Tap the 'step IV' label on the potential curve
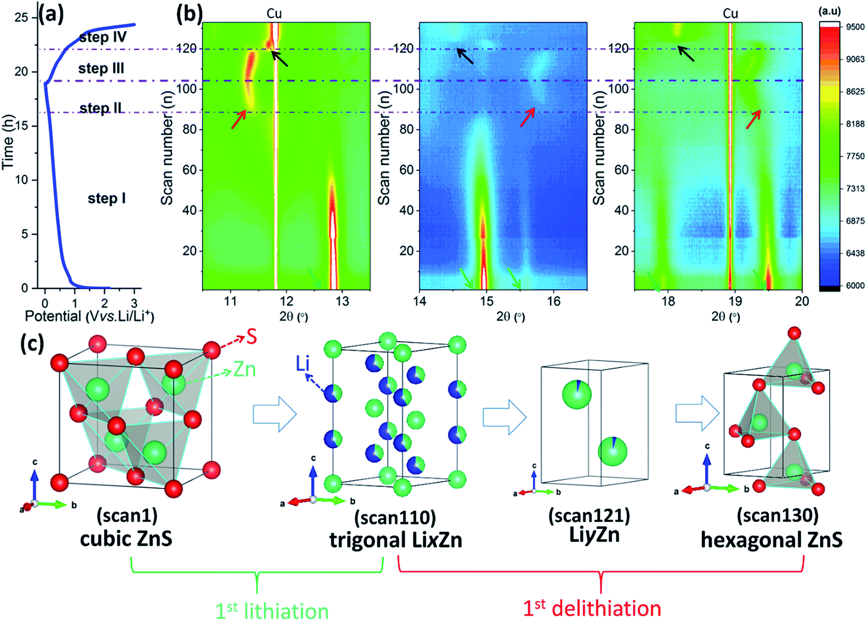(103, 37)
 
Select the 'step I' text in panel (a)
(106, 198)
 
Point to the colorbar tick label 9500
(855, 27)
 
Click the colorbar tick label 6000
(855, 285)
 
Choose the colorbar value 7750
(855, 156)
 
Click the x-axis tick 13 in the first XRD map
(342, 301)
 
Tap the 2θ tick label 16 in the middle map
(554, 301)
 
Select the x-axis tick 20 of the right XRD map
(801, 301)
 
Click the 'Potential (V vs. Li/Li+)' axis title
(90, 316)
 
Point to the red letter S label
(252, 337)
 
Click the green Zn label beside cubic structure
(245, 369)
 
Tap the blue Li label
(303, 364)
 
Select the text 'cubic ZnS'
(126, 539)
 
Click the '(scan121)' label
(589, 516)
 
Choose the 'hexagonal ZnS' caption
(771, 540)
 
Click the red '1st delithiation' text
(592, 608)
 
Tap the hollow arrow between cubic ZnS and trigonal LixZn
(275, 414)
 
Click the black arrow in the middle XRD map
(465, 56)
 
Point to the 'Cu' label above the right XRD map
(730, 13)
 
